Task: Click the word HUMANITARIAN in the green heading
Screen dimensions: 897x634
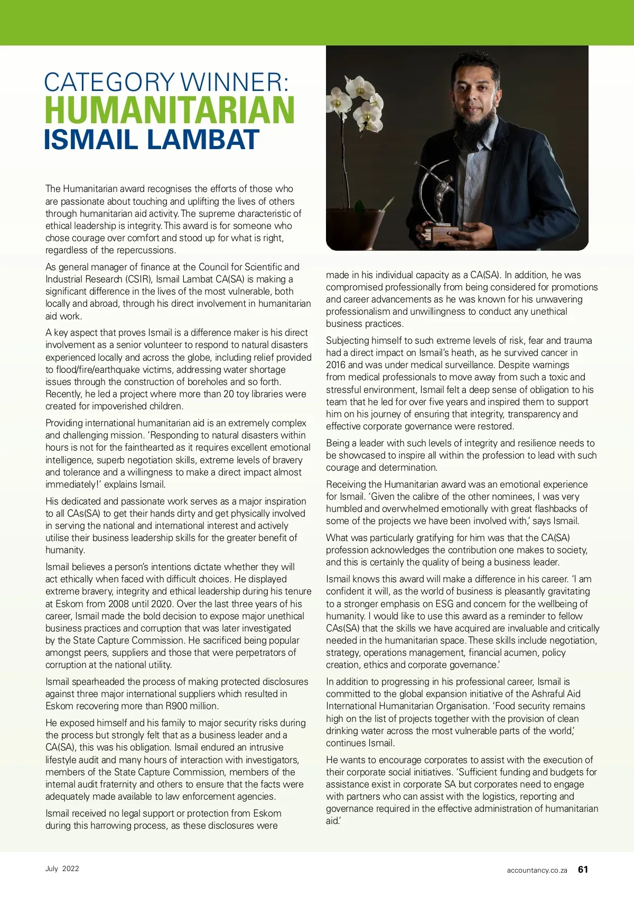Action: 170,110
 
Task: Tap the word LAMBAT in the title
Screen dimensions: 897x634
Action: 203,140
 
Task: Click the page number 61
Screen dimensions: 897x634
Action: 583,869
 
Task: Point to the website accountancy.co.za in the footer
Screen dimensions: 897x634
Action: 537,870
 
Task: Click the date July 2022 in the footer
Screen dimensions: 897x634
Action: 62,868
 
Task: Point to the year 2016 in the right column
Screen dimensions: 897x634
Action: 336,365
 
